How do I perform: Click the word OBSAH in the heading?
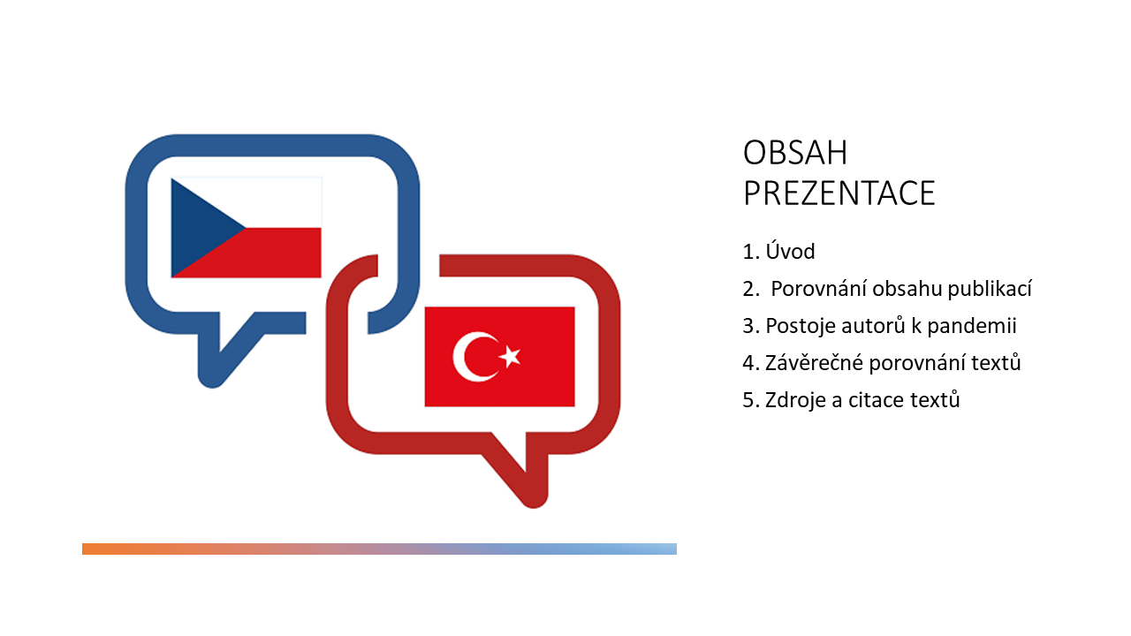pos(795,153)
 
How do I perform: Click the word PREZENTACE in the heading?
pos(839,193)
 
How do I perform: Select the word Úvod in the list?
pos(791,252)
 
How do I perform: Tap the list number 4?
pos(748,363)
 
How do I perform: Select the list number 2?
pos(748,289)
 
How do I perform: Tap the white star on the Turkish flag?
pos(510,357)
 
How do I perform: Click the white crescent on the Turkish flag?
pos(469,357)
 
